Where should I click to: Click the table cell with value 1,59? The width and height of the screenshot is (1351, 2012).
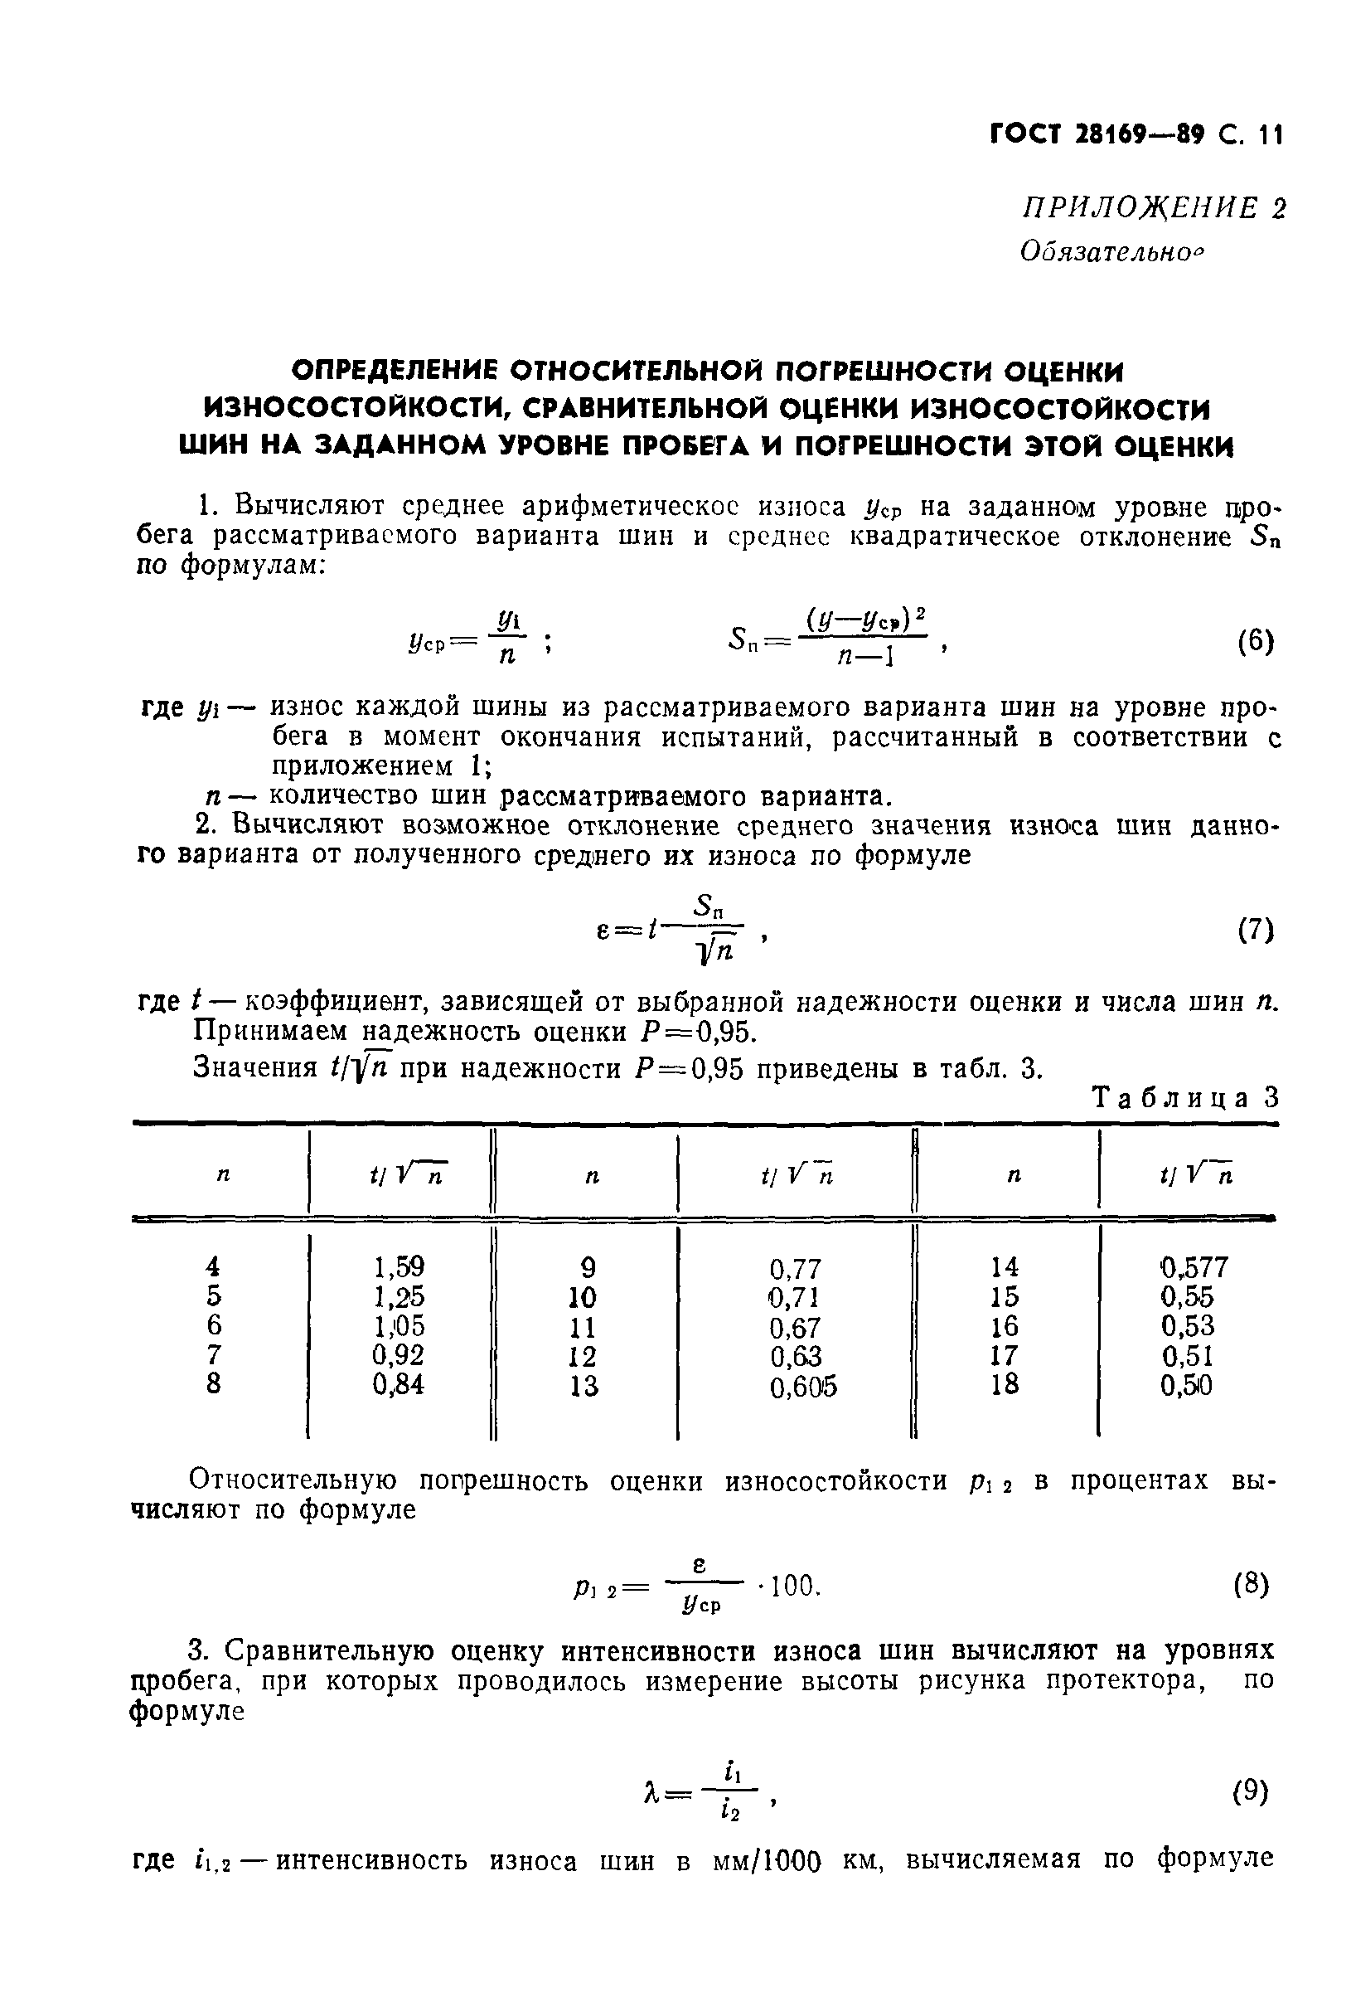click(x=399, y=1266)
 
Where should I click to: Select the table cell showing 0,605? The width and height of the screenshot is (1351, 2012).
click(x=803, y=1386)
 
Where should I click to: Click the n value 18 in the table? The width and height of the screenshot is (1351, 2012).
click(x=1005, y=1384)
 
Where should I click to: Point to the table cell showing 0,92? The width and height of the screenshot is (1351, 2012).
click(x=398, y=1355)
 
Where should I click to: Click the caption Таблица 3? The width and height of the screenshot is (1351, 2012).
click(x=1185, y=1099)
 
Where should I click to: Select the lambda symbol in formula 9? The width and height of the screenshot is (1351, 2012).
click(x=651, y=1794)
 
